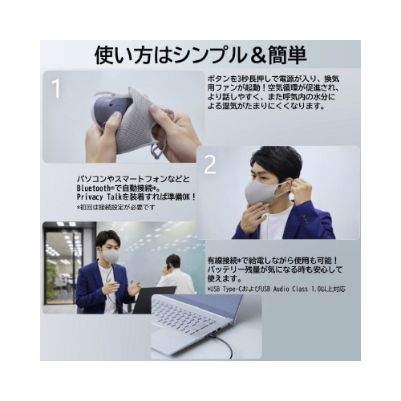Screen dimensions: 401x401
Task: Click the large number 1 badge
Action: click(x=55, y=89)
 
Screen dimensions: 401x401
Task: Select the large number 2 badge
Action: click(x=210, y=164)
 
